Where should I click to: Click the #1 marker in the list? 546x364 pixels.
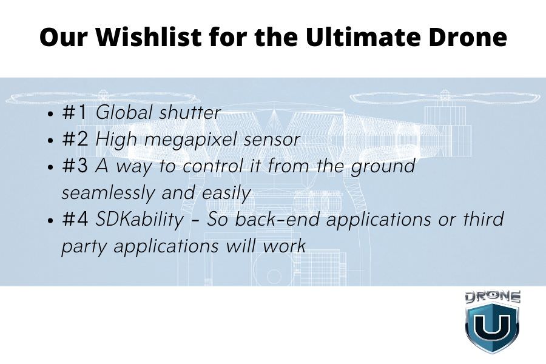75,112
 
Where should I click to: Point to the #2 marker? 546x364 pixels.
75,139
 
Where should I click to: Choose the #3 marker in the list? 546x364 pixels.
75,166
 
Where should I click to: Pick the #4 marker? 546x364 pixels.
75,220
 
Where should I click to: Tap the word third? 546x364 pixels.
484,219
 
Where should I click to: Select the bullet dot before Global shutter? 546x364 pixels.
51,113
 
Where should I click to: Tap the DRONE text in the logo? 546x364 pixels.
493,297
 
